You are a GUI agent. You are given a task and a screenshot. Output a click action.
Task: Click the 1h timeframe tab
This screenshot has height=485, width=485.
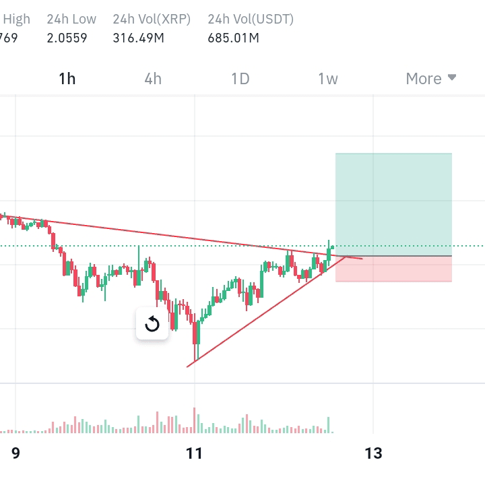point(67,79)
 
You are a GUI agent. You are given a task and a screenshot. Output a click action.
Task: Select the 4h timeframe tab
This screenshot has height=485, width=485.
point(153,79)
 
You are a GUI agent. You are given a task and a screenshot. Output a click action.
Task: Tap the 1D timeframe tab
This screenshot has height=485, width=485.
point(240,79)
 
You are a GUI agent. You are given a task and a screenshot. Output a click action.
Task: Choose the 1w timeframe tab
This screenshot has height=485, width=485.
point(328,79)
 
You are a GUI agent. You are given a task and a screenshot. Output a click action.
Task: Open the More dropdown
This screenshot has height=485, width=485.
point(431,79)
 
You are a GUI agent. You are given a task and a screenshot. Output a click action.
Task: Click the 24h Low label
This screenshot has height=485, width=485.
point(71,19)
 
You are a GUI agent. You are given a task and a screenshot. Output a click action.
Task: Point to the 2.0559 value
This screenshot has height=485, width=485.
point(67,38)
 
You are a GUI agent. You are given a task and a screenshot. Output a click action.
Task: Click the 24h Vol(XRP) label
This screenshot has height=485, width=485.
point(152,19)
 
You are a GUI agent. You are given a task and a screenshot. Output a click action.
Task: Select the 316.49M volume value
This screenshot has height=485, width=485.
point(138,38)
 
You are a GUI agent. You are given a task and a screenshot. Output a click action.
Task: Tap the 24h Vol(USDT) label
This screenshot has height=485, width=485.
point(251,19)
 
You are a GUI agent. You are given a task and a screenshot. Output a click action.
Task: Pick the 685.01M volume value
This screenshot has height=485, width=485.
point(233,38)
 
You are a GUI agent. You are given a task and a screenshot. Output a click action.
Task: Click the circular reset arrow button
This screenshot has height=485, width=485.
point(152,323)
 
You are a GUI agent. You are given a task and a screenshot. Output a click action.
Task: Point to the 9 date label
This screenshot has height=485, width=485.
point(15,453)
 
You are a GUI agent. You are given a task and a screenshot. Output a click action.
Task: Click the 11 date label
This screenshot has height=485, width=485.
point(194,453)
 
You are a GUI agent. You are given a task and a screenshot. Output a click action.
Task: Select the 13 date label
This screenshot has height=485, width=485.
point(373,453)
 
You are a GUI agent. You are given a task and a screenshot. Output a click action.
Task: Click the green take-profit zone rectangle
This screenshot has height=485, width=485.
point(393,205)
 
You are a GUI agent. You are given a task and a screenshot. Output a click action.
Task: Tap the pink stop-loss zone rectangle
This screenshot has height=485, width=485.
point(393,269)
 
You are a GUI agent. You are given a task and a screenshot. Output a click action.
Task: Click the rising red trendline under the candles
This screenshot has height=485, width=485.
point(266,312)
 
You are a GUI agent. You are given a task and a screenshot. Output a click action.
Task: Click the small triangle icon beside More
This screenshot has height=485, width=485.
point(452,77)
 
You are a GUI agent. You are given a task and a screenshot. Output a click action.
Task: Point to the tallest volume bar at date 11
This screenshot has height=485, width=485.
point(195,420)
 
